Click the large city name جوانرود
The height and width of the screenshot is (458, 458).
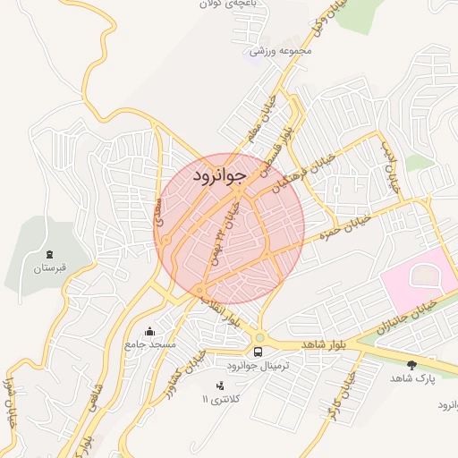[218, 176]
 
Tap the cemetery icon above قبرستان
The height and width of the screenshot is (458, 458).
[49, 255]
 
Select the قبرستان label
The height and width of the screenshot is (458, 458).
[49, 268]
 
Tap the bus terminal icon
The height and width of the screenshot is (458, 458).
[259, 352]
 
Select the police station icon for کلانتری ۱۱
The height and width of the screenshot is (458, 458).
[219, 386]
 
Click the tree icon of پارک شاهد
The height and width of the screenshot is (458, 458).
[412, 365]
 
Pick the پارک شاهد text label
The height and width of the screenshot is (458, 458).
[412, 378]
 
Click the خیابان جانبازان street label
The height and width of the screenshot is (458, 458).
[408, 318]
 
